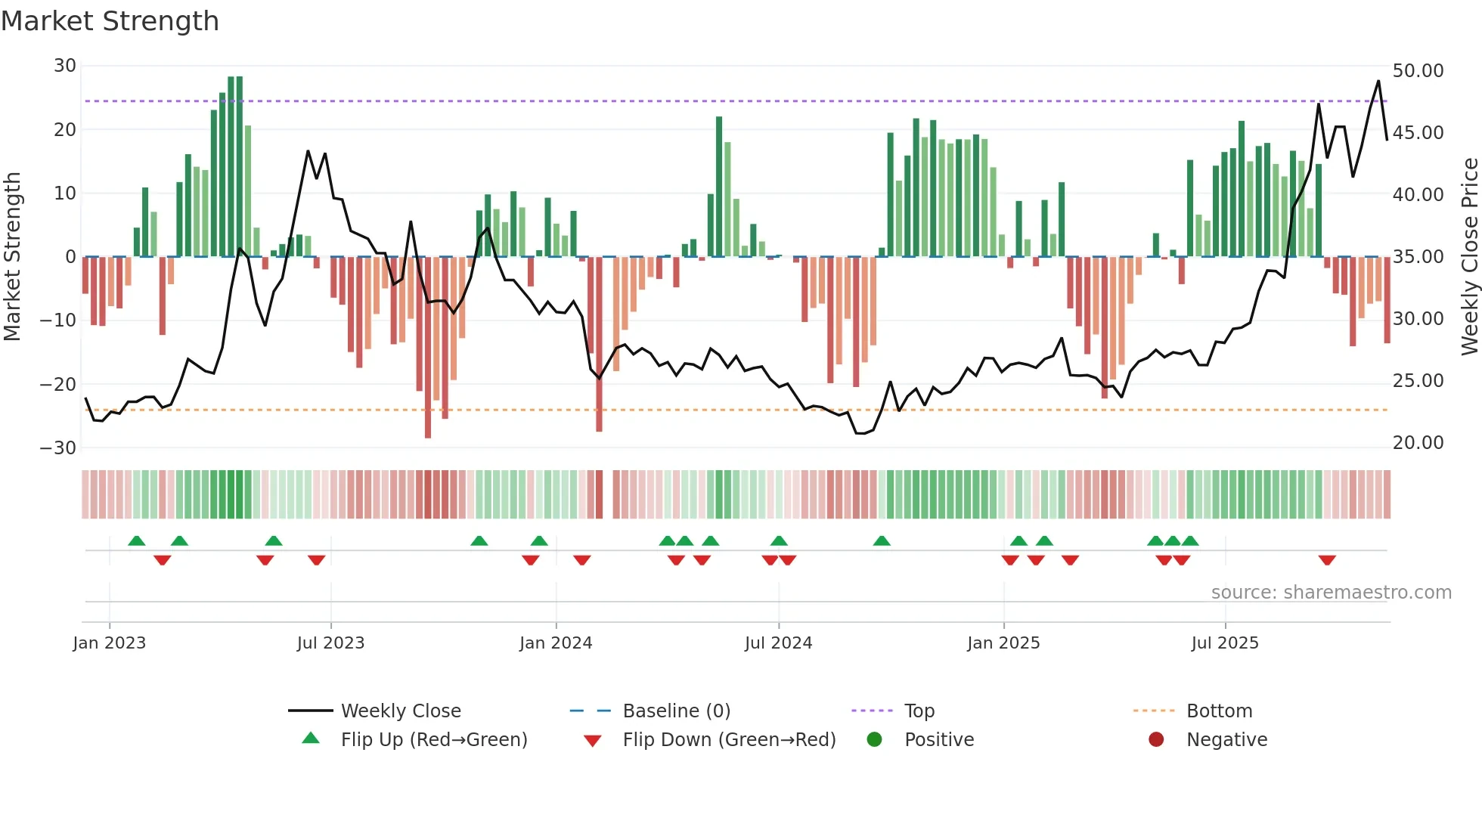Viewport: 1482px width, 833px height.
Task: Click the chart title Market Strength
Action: (110, 21)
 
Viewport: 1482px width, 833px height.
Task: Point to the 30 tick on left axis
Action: (65, 66)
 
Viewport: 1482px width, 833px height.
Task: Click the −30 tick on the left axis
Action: (58, 447)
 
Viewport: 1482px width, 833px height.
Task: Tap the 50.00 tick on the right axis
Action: (1418, 71)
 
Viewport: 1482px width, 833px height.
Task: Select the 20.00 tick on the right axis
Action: (1418, 443)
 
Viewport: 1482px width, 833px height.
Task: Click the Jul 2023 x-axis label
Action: (330, 643)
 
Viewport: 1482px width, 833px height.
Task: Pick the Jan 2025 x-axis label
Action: (1003, 643)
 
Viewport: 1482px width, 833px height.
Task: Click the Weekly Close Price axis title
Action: (1469, 257)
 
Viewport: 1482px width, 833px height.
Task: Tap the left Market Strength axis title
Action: (13, 257)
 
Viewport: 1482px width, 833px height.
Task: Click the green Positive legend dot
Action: (875, 740)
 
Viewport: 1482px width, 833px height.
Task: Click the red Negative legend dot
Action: (1156, 740)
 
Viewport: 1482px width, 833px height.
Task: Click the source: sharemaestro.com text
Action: (1331, 593)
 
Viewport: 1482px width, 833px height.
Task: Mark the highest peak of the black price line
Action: (1378, 81)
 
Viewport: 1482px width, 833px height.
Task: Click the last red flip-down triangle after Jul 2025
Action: (1327, 560)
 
